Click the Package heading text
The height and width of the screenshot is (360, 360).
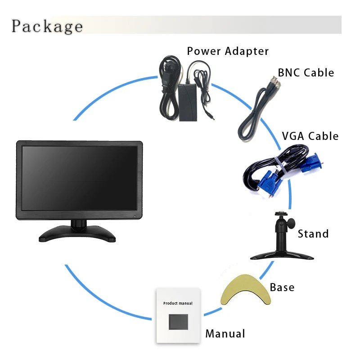pyautogui.click(x=47, y=26)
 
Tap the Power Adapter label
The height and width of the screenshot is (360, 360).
pyautogui.click(x=228, y=51)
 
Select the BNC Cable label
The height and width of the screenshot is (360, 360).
pyautogui.click(x=306, y=72)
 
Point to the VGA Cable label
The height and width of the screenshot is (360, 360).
pyautogui.click(x=310, y=136)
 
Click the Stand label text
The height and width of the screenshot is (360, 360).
pyautogui.click(x=313, y=234)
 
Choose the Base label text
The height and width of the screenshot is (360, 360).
pyautogui.click(x=282, y=287)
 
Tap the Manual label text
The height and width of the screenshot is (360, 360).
pyautogui.click(x=225, y=334)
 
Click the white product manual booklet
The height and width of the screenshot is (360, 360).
pyautogui.click(x=178, y=315)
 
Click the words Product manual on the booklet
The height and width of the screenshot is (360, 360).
pyautogui.click(x=178, y=303)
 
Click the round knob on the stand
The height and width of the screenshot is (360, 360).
pyautogui.click(x=291, y=222)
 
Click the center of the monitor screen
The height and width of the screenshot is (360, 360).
pyautogui.click(x=80, y=179)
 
